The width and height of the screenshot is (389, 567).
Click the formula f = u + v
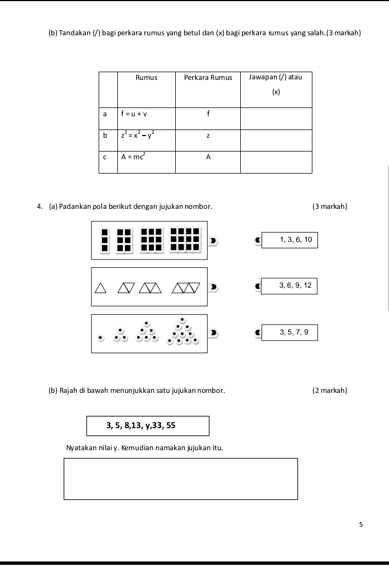pos(134,115)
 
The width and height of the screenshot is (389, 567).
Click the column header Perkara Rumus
pos(208,78)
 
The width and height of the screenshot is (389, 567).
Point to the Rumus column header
pos(146,78)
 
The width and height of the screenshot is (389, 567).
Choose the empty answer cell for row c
pos(276,161)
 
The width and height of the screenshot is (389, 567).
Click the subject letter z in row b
pos(208,136)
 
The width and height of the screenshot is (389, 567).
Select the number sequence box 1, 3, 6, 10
pos(290,240)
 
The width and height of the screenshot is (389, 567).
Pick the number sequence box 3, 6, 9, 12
pos(290,285)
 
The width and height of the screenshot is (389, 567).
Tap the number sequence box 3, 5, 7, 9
pos(290,332)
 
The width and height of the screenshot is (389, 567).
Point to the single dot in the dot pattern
pos(100,337)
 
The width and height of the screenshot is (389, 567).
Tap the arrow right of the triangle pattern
pos(215,287)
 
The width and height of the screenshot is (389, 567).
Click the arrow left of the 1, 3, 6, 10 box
pos(256,240)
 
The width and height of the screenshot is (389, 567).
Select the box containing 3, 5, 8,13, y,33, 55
pos(148,425)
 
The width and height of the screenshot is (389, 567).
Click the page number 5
pos(361,525)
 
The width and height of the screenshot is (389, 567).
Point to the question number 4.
pos(40,207)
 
